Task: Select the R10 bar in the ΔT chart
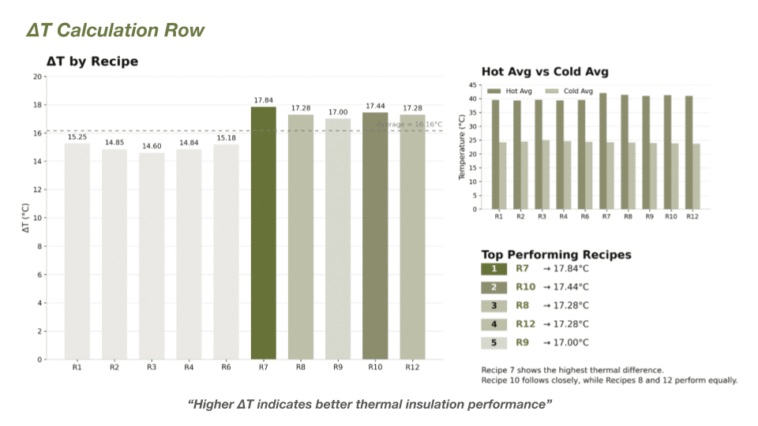coord(376,236)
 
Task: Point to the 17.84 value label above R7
coord(263,100)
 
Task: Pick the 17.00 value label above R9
coord(338,113)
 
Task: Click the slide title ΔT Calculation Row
coord(115,31)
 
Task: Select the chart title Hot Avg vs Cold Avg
coord(545,72)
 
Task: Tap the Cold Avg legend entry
coord(572,92)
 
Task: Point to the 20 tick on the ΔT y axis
coord(38,77)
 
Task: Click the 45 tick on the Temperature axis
coord(473,85)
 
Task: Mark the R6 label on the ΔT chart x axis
coord(226,368)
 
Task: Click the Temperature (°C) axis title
coord(463,147)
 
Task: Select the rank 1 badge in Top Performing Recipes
coord(494,268)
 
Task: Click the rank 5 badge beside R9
coord(494,342)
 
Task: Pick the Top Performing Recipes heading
coord(556,255)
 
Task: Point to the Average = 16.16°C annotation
coord(411,125)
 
